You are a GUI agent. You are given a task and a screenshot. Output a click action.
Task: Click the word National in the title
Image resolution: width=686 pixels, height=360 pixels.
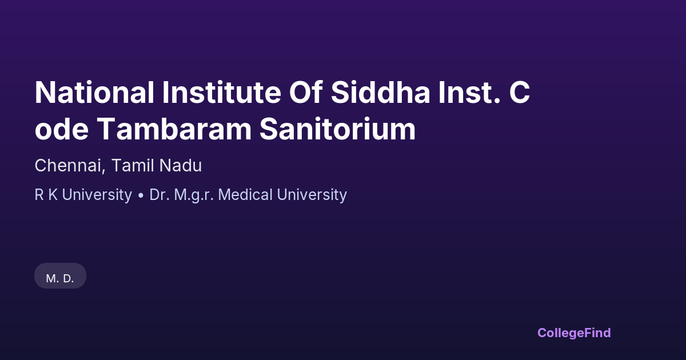(x=94, y=93)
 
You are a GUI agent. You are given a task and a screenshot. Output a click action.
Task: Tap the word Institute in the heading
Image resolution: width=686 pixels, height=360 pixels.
(x=222, y=93)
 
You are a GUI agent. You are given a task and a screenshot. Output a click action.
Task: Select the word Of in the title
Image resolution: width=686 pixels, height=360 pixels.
(x=306, y=92)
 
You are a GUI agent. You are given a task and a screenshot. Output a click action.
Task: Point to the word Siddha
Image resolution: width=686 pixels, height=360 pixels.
(x=380, y=92)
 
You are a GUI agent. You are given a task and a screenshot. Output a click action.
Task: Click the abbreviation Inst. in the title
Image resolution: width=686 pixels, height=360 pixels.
(x=469, y=93)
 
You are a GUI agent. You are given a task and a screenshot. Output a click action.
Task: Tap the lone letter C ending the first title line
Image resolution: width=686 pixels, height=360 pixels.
(x=520, y=93)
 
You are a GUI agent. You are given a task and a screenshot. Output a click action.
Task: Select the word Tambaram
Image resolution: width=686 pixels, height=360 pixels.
(x=174, y=129)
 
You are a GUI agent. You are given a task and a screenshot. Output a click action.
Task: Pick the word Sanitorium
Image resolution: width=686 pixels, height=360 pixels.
(x=337, y=129)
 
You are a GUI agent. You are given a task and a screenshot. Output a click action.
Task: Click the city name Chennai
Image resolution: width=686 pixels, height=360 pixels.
(x=70, y=166)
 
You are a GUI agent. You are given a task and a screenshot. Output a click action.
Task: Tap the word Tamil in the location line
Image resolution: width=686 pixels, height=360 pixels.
(x=132, y=166)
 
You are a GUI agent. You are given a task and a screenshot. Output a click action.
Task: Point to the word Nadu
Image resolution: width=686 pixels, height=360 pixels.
(x=181, y=166)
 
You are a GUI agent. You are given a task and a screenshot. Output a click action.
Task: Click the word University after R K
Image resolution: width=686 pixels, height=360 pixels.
(x=97, y=195)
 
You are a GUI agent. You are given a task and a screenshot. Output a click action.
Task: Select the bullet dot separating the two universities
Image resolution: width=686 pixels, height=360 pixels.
(x=141, y=196)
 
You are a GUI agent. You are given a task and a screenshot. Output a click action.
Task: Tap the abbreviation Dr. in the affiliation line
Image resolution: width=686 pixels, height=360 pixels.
(x=159, y=195)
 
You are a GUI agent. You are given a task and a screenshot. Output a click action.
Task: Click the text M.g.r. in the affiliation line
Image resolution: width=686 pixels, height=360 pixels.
(x=194, y=195)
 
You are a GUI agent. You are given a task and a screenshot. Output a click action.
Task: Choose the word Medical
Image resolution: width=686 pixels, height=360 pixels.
(x=245, y=195)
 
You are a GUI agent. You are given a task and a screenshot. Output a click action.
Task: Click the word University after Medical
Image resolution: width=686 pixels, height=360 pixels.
(x=312, y=195)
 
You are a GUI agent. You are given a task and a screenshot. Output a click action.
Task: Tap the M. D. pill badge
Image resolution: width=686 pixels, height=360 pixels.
(x=60, y=276)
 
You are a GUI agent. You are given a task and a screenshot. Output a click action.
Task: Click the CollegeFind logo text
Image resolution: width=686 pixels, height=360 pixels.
(x=574, y=333)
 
